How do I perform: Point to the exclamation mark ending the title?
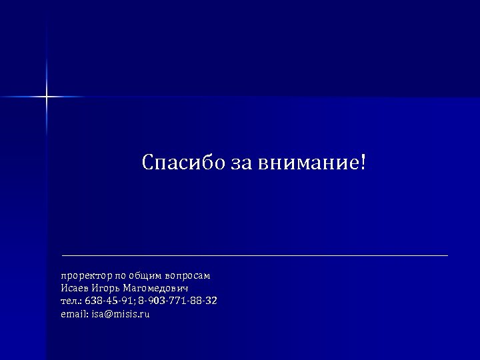tap(363, 163)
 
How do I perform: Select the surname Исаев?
tap(74, 288)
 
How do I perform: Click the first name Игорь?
tap(105, 288)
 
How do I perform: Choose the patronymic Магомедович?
tap(156, 288)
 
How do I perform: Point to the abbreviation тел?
tap(70, 301)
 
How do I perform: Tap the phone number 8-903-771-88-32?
tap(177, 301)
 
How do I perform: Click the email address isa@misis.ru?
tap(121, 313)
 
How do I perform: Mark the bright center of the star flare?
tap(47, 97)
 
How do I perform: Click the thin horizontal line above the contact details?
tap(254, 255)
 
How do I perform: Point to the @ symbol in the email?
tap(109, 313)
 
